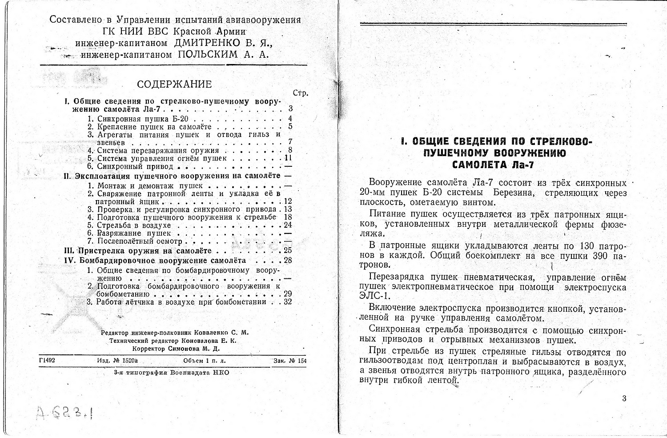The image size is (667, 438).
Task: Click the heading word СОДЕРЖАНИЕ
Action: pyautogui.click(x=174, y=84)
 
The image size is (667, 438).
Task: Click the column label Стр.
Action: pyautogui.click(x=300, y=93)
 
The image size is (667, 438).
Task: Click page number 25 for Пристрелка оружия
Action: pyautogui.click(x=287, y=251)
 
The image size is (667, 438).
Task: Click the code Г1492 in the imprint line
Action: pyautogui.click(x=47, y=361)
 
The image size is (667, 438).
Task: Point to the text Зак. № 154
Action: pyautogui.click(x=290, y=361)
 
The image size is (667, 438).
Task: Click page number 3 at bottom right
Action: pyautogui.click(x=624, y=398)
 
